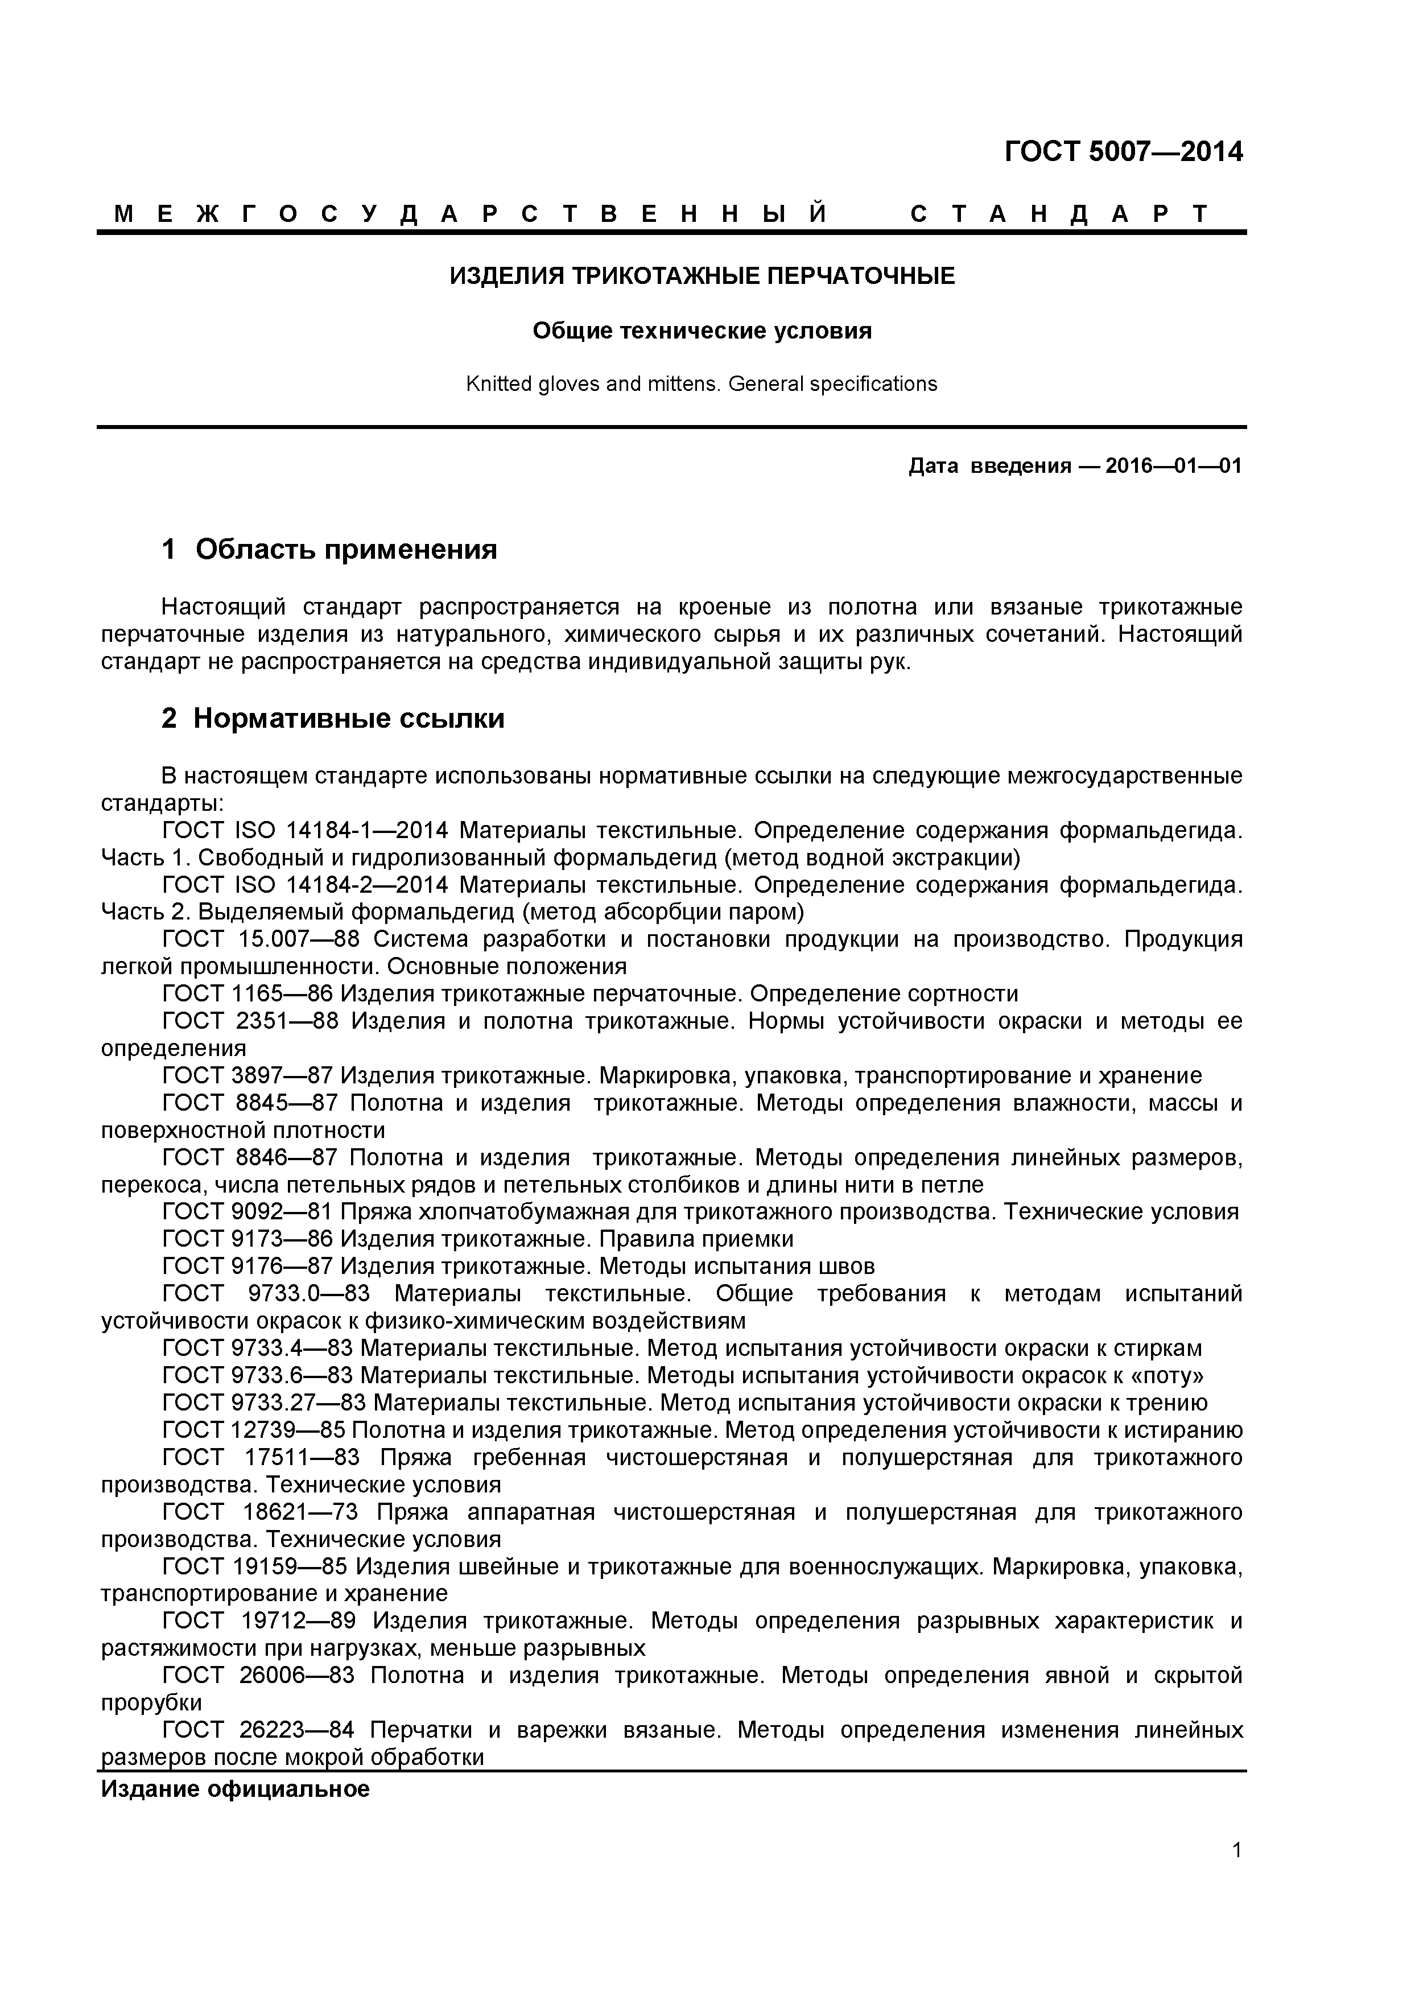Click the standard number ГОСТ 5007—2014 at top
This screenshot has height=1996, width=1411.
[1123, 152]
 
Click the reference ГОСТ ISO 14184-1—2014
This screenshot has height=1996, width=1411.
[305, 830]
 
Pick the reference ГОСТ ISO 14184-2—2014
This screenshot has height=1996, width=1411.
[305, 885]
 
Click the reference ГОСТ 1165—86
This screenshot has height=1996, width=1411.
[247, 993]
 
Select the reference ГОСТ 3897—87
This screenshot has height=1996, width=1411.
[247, 1075]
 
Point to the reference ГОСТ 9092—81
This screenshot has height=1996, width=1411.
[247, 1212]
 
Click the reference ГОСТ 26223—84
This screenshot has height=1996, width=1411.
[258, 1730]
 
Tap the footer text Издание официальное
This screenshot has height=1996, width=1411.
[236, 1789]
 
